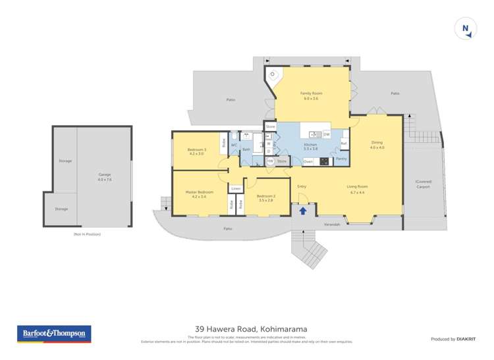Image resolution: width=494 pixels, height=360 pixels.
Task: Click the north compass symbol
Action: click(466, 28)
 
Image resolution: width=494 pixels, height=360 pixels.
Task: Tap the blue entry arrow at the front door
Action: click(303, 211)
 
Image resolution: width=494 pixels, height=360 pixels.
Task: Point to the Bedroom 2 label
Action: click(266, 198)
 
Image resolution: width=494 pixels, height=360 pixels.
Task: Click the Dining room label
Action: click(376, 145)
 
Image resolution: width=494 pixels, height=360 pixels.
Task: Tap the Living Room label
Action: click(356, 189)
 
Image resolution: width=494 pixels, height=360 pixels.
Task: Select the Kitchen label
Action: click(310, 147)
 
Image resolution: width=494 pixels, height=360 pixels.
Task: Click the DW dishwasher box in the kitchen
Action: click(326, 134)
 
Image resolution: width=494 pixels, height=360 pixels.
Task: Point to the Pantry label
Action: click(341, 159)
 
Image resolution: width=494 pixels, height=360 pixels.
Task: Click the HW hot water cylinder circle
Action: click(270, 161)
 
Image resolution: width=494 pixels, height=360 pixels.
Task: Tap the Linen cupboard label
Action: click(235, 189)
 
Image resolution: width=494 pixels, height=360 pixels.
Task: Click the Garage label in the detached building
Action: click(105, 177)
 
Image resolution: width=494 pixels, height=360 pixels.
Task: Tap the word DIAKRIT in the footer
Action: click(466, 339)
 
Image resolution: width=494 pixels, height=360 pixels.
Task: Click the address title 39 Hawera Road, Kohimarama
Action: click(247, 329)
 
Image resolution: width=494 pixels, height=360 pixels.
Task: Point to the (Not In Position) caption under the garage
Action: click(88, 234)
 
